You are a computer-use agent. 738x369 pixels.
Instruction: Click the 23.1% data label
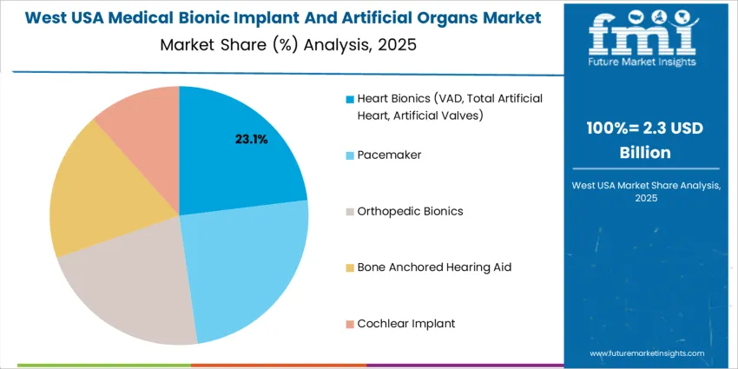tap(252, 138)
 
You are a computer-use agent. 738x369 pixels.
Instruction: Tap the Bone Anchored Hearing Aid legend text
tap(434, 267)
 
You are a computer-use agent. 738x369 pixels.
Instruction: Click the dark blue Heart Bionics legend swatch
tap(350, 99)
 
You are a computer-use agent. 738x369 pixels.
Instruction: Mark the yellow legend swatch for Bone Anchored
tap(350, 267)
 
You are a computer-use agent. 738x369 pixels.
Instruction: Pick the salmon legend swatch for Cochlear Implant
tap(350, 324)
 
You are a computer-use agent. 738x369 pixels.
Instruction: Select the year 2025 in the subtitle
tap(397, 43)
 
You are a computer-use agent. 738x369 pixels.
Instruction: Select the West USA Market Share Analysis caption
tap(642, 191)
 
